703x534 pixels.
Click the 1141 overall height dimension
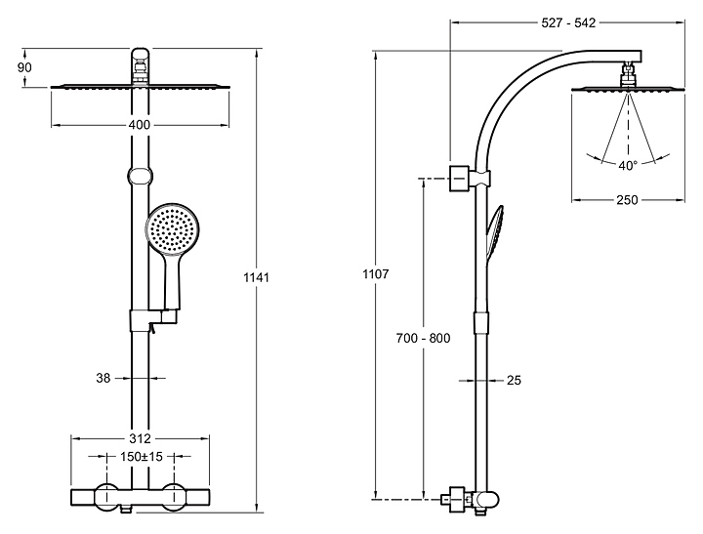256,277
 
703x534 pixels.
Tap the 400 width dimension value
140,125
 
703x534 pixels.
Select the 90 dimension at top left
24,67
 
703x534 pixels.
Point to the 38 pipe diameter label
103,379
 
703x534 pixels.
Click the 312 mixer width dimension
140,438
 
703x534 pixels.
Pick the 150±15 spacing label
142,457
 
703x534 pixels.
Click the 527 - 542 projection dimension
568,22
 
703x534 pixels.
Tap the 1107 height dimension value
376,274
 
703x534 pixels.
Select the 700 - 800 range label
423,338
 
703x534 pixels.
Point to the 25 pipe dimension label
514,380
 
